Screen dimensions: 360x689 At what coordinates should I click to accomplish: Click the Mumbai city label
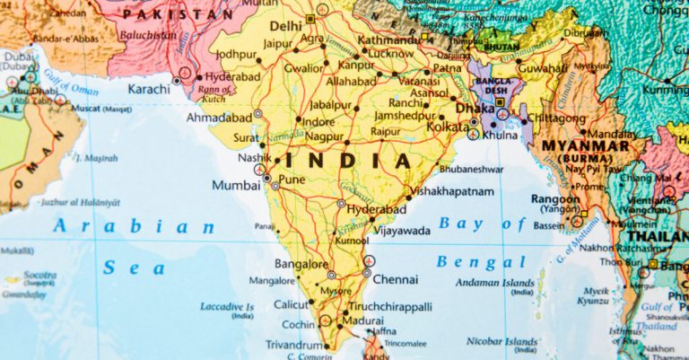(x=236, y=185)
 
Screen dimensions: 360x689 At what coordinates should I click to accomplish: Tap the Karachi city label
(x=148, y=89)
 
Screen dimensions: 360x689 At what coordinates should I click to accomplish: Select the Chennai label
(x=395, y=279)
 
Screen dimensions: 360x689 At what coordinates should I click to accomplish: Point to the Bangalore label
(x=301, y=265)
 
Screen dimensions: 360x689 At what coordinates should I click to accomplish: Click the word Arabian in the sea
(x=134, y=227)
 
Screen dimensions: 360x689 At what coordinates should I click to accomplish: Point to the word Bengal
(x=482, y=262)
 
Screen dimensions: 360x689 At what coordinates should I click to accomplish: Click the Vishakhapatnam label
(x=455, y=191)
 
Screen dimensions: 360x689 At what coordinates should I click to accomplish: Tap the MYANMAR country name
(x=586, y=145)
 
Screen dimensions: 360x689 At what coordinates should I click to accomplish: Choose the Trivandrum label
(x=294, y=345)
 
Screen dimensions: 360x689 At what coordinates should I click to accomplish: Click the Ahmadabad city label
(x=218, y=117)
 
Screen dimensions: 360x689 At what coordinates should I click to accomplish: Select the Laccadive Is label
(x=227, y=307)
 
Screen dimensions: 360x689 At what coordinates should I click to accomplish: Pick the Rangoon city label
(x=554, y=198)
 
